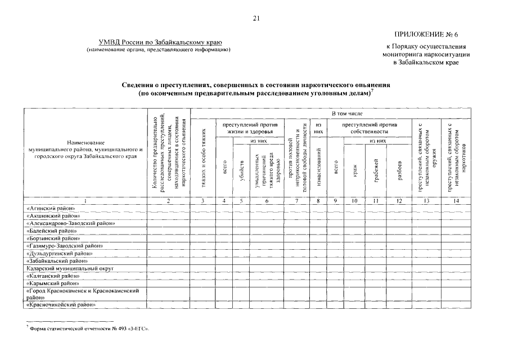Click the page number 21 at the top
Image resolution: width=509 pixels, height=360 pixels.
point(256,19)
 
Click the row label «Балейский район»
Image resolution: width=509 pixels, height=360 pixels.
point(52,231)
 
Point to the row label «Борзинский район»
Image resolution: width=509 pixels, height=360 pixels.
point(53,238)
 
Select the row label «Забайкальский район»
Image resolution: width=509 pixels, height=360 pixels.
point(57,261)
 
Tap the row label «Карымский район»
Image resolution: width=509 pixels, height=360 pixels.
point(52,283)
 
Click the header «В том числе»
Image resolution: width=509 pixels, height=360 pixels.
point(347,114)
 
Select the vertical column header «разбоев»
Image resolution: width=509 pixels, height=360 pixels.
point(399,166)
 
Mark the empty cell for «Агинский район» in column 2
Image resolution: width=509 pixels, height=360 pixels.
point(169,208)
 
